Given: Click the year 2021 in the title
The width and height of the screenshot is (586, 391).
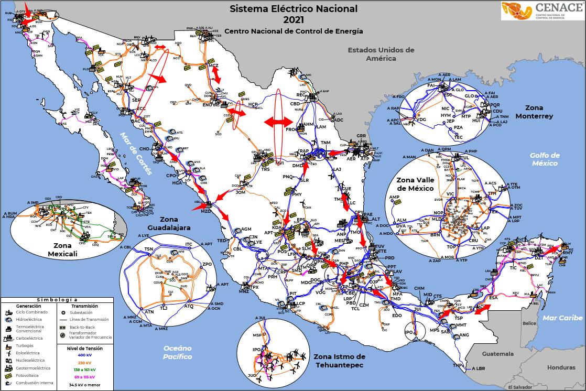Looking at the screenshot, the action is point(293,20).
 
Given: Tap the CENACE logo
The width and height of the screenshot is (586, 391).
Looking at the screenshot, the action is point(542,11).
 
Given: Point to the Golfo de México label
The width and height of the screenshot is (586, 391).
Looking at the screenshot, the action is point(545,159).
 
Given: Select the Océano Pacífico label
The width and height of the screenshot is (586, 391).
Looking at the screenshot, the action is point(177,352).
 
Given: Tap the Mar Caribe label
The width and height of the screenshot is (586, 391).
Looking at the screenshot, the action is point(563,318).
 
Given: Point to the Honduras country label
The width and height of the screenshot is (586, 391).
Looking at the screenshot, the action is point(561,367).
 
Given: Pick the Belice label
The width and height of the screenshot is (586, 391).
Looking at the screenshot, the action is point(529,323).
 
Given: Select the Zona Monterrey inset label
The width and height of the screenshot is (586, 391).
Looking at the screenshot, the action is point(534,112).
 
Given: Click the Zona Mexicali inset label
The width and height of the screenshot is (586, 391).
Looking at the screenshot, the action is point(62,249).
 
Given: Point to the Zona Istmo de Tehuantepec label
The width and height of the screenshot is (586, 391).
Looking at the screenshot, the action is point(339,361).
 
